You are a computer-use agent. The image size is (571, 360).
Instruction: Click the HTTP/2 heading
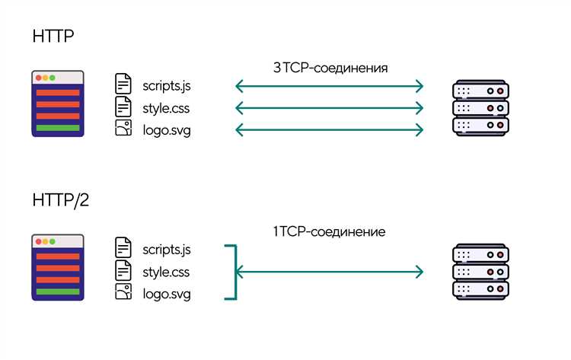(60, 200)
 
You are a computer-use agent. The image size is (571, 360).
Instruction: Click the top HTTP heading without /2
(53, 36)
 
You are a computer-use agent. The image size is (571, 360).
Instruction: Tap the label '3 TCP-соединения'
(330, 68)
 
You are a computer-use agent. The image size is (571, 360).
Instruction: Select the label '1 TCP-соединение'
(329, 231)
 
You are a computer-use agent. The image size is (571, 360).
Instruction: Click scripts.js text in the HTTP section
(167, 86)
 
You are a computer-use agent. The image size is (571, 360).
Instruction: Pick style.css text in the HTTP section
(166, 108)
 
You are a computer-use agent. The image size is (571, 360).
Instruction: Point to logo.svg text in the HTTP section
(167, 130)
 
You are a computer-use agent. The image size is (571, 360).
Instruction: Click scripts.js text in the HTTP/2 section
(167, 250)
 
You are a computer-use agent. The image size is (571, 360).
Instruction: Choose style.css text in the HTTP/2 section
(166, 272)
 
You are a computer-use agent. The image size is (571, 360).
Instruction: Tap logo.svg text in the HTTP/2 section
(167, 294)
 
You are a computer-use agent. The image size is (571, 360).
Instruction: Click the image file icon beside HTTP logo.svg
(123, 128)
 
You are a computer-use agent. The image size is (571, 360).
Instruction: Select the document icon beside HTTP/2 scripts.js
(123, 247)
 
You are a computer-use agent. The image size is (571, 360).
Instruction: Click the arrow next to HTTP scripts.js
(329, 86)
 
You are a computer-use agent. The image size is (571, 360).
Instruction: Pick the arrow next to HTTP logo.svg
(329, 130)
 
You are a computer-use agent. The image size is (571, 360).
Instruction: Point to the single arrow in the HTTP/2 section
(329, 272)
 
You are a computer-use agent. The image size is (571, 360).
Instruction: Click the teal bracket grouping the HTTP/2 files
(235, 272)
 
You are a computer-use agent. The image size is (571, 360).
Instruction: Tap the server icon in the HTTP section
(480, 108)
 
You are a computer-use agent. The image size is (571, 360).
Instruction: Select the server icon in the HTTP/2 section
(480, 272)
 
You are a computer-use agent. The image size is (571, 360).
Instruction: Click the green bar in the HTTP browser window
(58, 128)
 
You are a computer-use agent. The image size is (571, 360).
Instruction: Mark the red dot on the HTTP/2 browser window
(39, 241)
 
